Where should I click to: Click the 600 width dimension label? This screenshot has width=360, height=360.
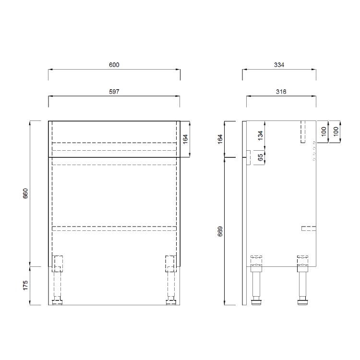114,64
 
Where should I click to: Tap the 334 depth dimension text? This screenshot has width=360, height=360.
279,64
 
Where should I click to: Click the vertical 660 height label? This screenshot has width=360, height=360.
26,193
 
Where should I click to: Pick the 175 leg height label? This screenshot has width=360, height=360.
26,285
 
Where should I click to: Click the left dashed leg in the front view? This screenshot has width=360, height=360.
58,278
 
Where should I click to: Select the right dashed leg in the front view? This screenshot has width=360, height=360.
170,278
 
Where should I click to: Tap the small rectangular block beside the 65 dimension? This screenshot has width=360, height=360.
248,157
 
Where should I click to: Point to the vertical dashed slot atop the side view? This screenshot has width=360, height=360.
303,132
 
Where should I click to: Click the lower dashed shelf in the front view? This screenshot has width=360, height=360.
114,228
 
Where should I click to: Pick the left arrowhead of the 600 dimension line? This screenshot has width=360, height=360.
50,70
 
